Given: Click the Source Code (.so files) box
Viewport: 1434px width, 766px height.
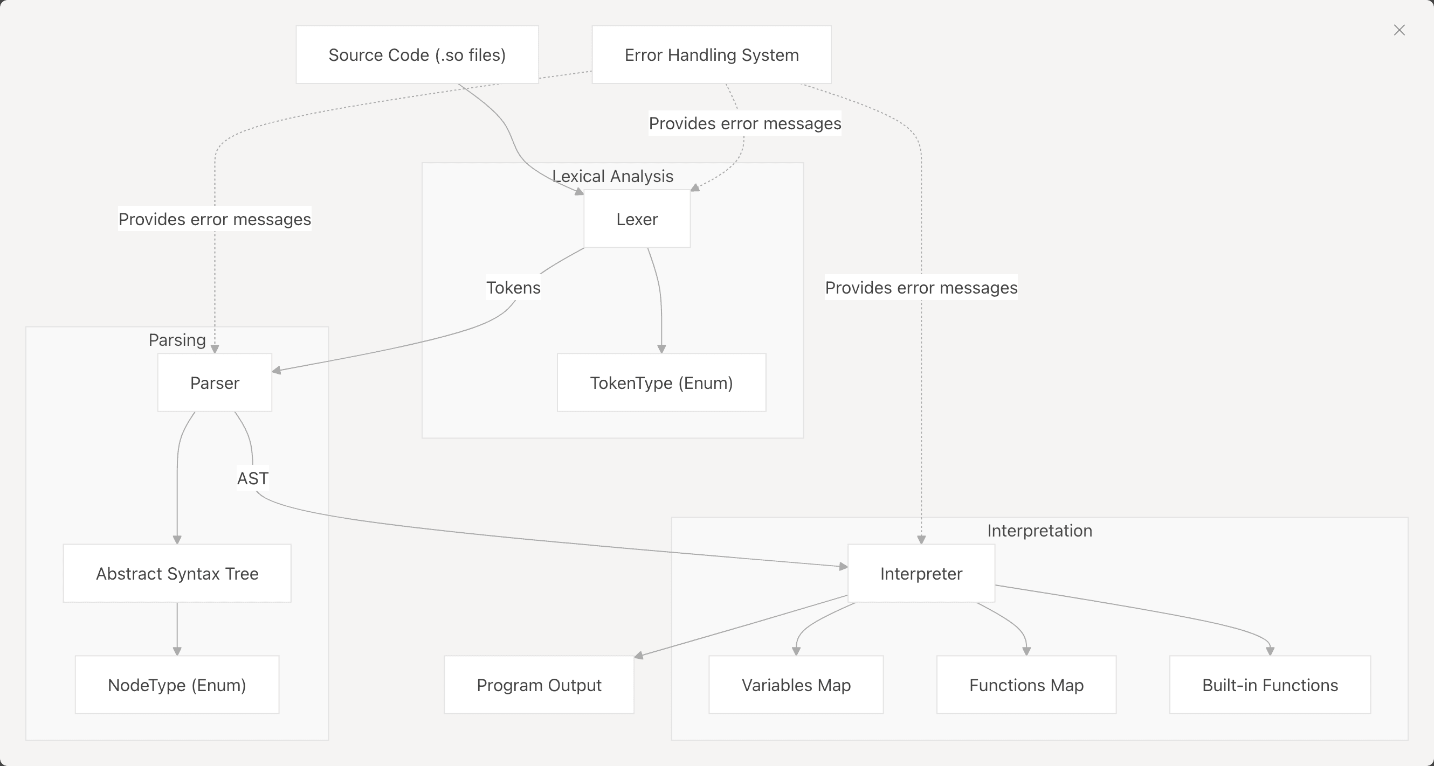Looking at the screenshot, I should (x=417, y=54).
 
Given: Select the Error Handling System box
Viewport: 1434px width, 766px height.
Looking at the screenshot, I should (x=712, y=54).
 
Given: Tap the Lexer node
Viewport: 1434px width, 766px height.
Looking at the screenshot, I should (x=637, y=219).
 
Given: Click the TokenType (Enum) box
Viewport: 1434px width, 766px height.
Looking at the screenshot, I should (x=661, y=382).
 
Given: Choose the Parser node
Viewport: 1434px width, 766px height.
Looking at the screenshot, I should (x=215, y=382).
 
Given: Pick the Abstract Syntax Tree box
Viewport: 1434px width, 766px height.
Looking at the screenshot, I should (x=177, y=574).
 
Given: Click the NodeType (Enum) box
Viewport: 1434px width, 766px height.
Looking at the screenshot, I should (x=177, y=685).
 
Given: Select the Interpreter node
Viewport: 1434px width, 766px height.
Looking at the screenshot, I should (x=921, y=574).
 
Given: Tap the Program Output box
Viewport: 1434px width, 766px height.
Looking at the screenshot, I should (x=539, y=685).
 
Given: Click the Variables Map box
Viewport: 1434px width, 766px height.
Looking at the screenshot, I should (x=796, y=685).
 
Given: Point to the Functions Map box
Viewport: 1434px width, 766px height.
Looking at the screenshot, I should (x=1026, y=685).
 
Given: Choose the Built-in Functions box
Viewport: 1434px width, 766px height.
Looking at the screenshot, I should (x=1270, y=685).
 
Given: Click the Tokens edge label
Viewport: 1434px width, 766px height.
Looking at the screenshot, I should (x=513, y=288).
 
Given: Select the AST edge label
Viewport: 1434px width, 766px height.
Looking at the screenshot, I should (x=253, y=478).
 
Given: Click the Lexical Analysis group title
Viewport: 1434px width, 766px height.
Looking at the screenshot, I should (x=612, y=176).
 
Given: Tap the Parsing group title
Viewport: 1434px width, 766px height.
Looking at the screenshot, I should (x=177, y=340).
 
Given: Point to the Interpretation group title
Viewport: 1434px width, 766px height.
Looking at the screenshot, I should (x=1039, y=531).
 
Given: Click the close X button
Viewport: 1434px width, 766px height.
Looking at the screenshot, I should (x=1399, y=30).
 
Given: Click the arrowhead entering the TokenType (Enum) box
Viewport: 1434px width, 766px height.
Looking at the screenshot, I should (x=661, y=349).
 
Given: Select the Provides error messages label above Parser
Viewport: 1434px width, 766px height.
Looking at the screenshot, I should (x=215, y=219).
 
